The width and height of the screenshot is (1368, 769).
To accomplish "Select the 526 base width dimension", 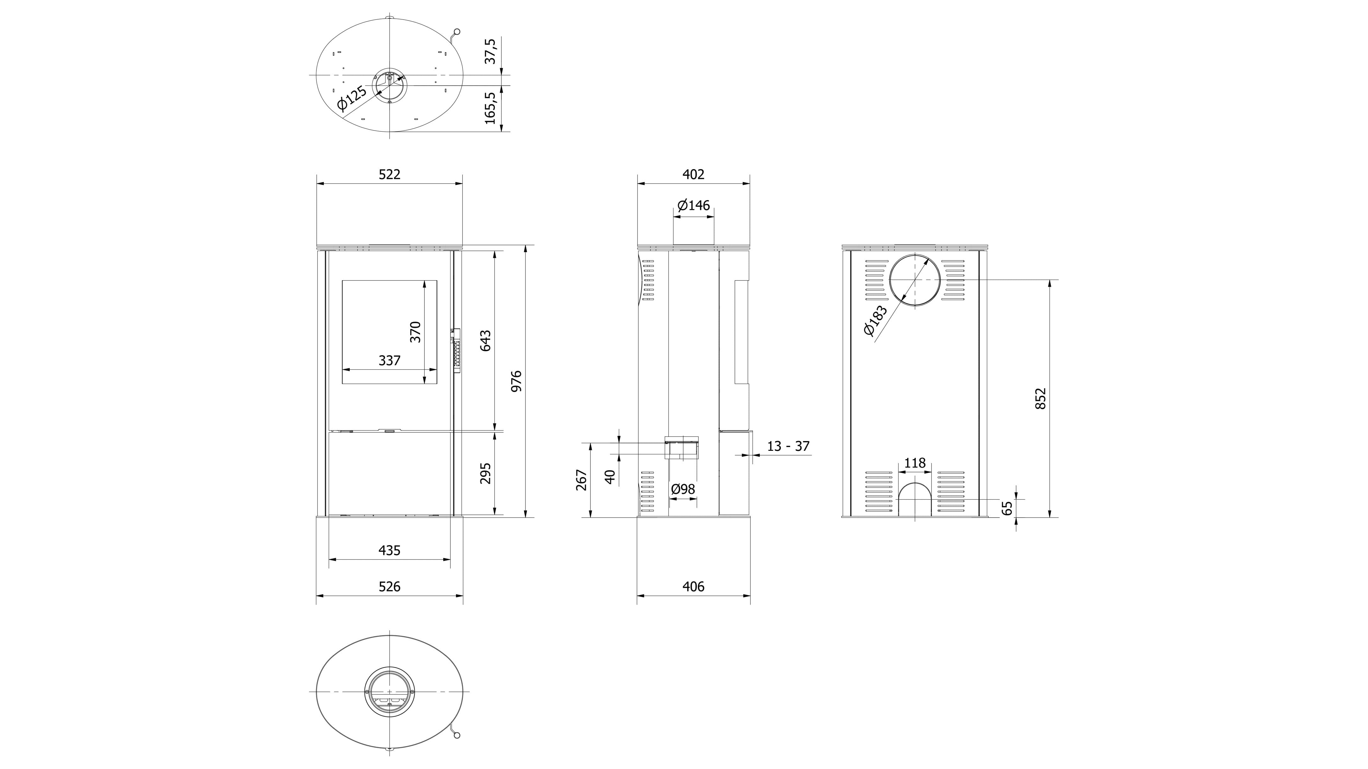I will [389, 586].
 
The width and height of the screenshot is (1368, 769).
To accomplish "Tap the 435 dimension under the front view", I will [389, 550].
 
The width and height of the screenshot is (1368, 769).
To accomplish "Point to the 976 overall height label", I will [516, 381].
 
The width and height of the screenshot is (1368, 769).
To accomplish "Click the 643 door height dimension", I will [485, 340].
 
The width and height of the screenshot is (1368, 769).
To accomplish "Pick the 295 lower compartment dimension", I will [485, 473].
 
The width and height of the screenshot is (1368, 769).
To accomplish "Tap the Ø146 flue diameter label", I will [694, 205].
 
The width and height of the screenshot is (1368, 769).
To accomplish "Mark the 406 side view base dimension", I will [694, 586].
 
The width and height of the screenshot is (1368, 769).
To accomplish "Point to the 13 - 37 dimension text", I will [788, 446].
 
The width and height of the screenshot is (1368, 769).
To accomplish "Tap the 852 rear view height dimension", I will [1041, 398].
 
